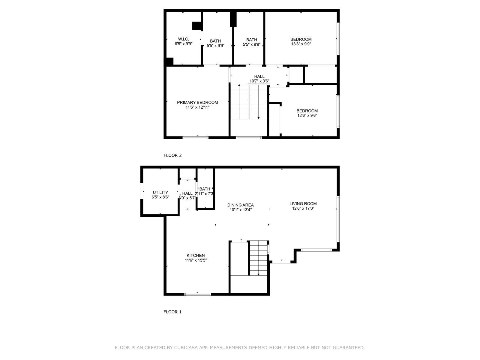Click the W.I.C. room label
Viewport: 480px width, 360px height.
click(x=183, y=39)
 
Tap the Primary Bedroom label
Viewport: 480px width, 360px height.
click(x=197, y=102)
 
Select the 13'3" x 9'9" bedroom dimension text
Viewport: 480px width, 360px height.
click(x=301, y=44)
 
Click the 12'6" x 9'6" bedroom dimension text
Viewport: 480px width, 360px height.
click(x=307, y=115)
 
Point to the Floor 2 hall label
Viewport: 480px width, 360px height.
click(x=259, y=76)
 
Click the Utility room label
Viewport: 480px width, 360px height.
click(x=160, y=192)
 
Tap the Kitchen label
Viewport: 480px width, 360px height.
click(x=196, y=256)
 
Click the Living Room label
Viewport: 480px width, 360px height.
click(x=303, y=203)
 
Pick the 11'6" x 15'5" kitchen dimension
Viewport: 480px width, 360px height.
click(x=196, y=260)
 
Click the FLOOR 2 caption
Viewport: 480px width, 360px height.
click(x=172, y=155)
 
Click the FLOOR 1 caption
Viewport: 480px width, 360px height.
click(x=172, y=312)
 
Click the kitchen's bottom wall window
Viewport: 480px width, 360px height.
click(x=198, y=294)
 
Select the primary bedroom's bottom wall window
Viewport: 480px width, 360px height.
click(x=195, y=138)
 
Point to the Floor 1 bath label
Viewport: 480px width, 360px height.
click(x=205, y=189)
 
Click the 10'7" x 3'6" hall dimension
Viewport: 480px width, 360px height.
click(x=259, y=81)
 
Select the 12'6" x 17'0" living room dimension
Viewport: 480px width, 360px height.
click(x=303, y=208)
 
